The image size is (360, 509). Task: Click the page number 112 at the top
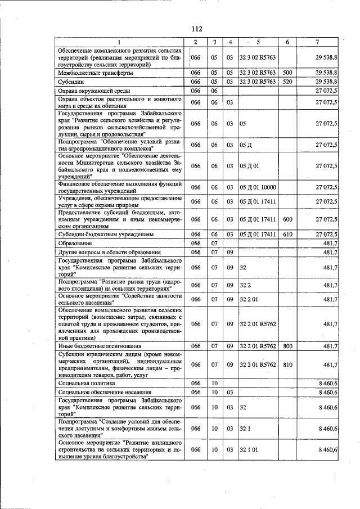click(x=196, y=29)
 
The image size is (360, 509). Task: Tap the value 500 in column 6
click(x=287, y=73)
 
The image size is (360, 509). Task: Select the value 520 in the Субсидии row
click(x=287, y=82)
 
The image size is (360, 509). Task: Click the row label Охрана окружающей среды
click(x=95, y=91)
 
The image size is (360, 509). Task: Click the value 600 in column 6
click(x=287, y=219)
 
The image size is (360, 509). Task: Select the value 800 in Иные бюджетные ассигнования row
click(x=287, y=346)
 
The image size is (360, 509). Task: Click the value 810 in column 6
click(x=287, y=365)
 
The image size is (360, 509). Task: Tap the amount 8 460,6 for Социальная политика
click(x=327, y=383)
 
